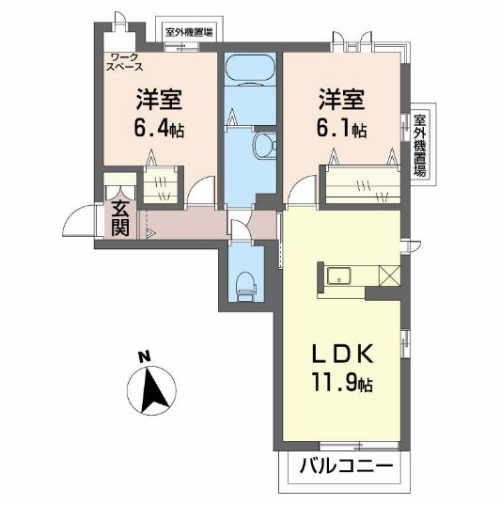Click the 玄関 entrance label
point(120,218)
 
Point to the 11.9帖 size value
point(344,384)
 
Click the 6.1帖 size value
point(341,130)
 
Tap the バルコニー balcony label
point(344,466)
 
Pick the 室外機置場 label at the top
point(188,32)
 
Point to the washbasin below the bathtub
point(264,145)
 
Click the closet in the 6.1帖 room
point(363,184)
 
